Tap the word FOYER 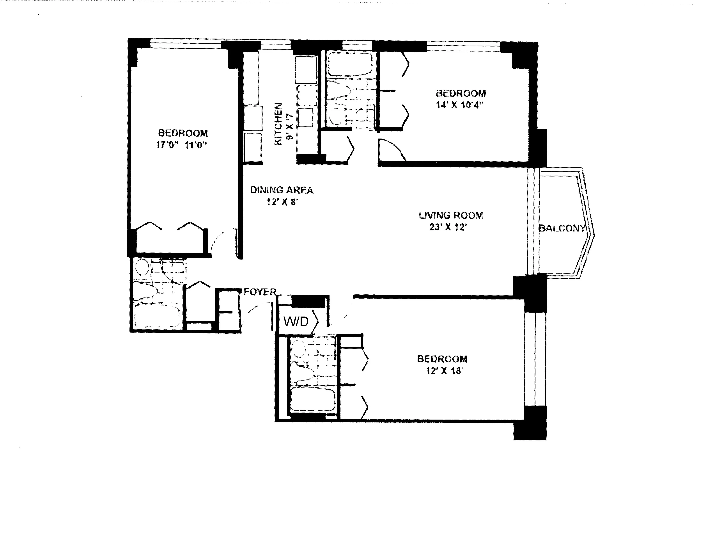coord(260,292)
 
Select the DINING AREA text coord(281,190)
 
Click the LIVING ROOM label coord(450,215)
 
